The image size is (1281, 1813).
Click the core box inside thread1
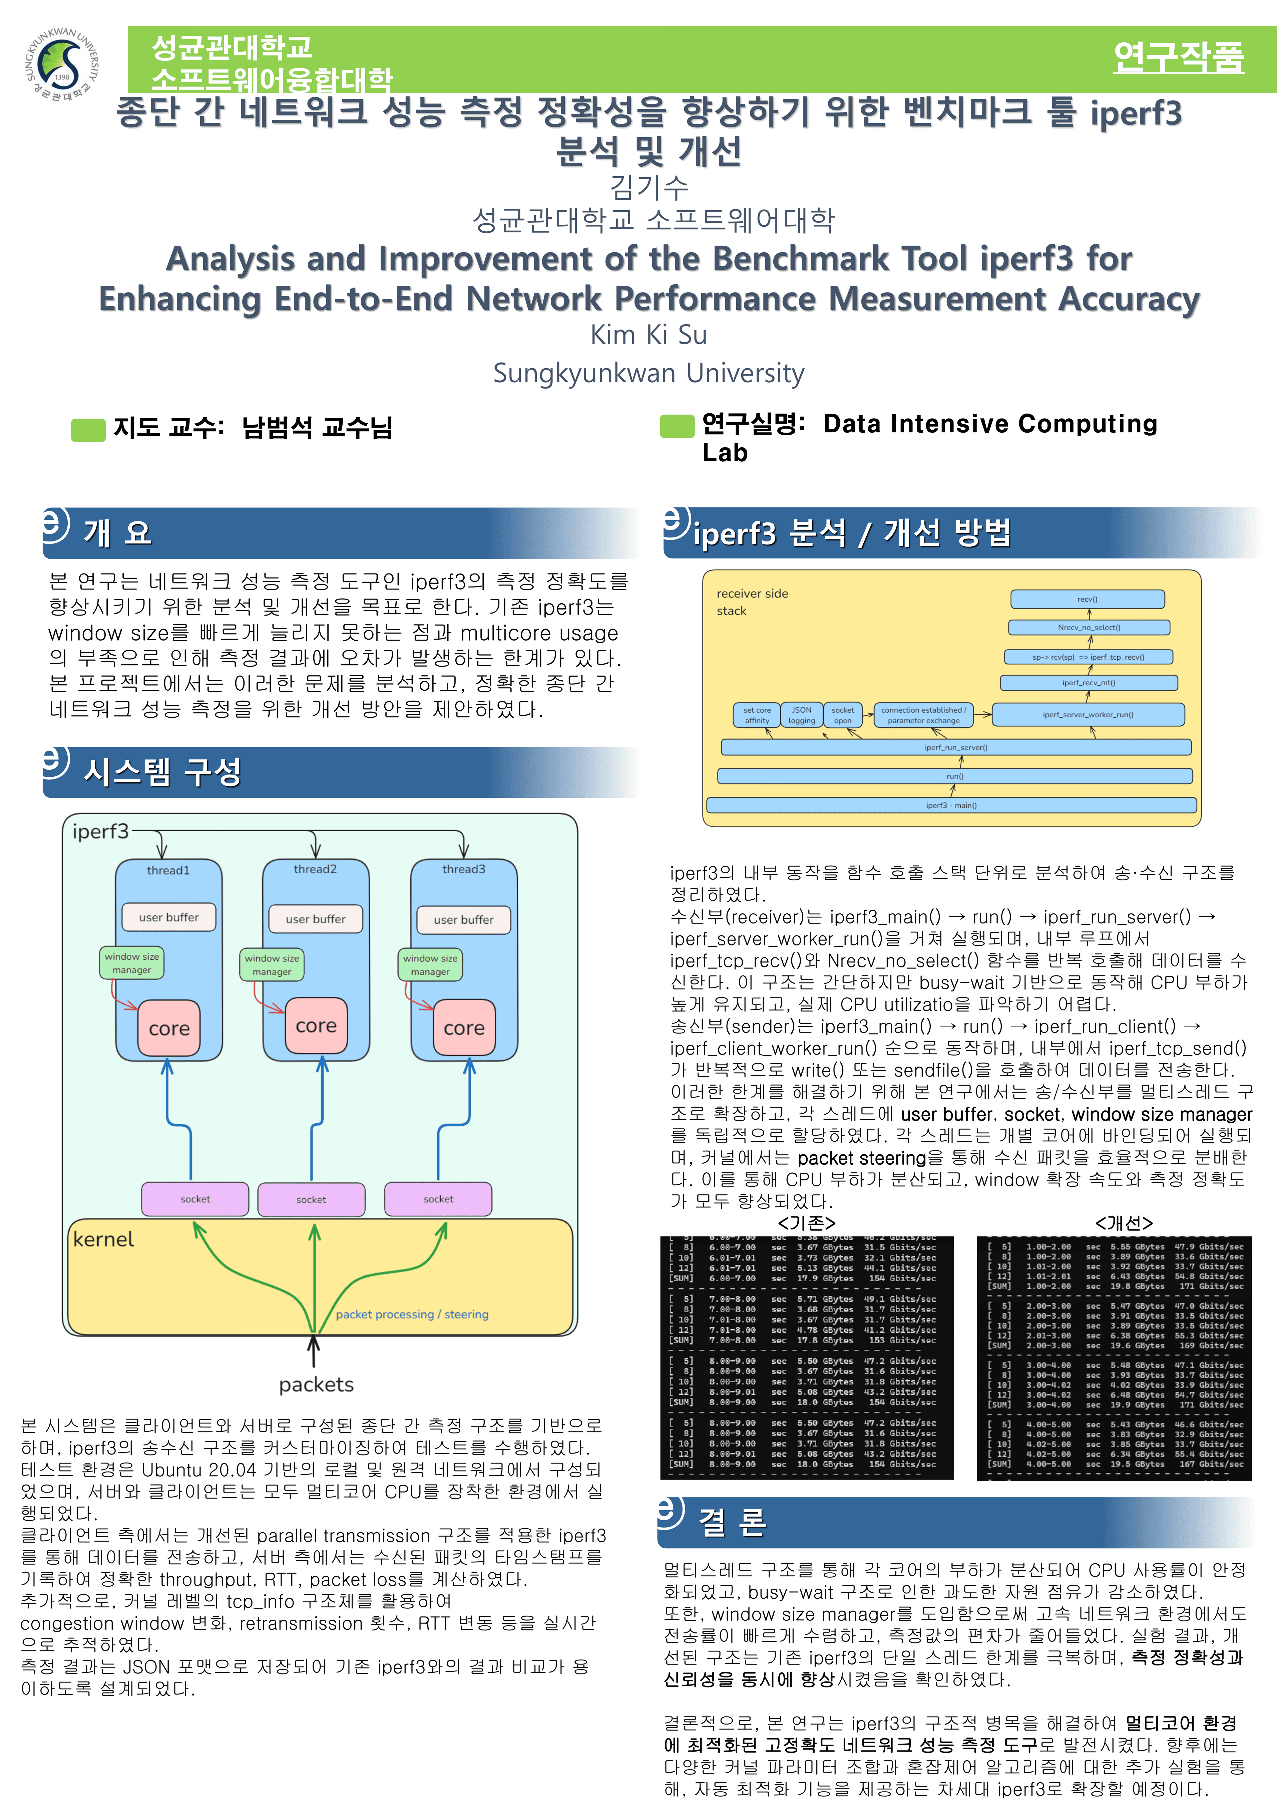point(169,1028)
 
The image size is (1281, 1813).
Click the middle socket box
point(311,1199)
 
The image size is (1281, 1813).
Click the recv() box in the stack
point(1087,599)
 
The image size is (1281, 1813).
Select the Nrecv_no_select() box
point(1089,628)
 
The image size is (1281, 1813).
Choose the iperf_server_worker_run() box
point(1088,715)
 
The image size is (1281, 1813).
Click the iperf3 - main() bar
point(951,806)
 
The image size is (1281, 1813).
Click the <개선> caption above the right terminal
point(1123,1223)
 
